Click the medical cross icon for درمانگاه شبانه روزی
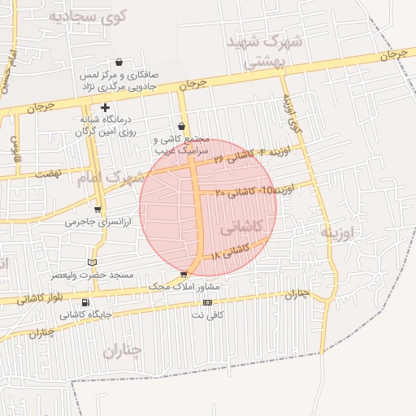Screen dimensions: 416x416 105,107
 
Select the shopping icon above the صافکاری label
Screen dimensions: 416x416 119,62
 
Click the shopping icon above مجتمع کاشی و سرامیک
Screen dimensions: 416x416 180,127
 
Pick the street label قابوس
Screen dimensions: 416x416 15,149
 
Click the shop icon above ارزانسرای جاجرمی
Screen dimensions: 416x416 97,209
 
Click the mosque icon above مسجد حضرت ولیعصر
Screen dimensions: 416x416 91,262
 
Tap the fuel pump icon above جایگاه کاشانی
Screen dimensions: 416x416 84,299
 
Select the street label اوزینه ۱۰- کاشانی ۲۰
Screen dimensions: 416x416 254,191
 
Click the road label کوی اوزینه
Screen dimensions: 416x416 292,114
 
